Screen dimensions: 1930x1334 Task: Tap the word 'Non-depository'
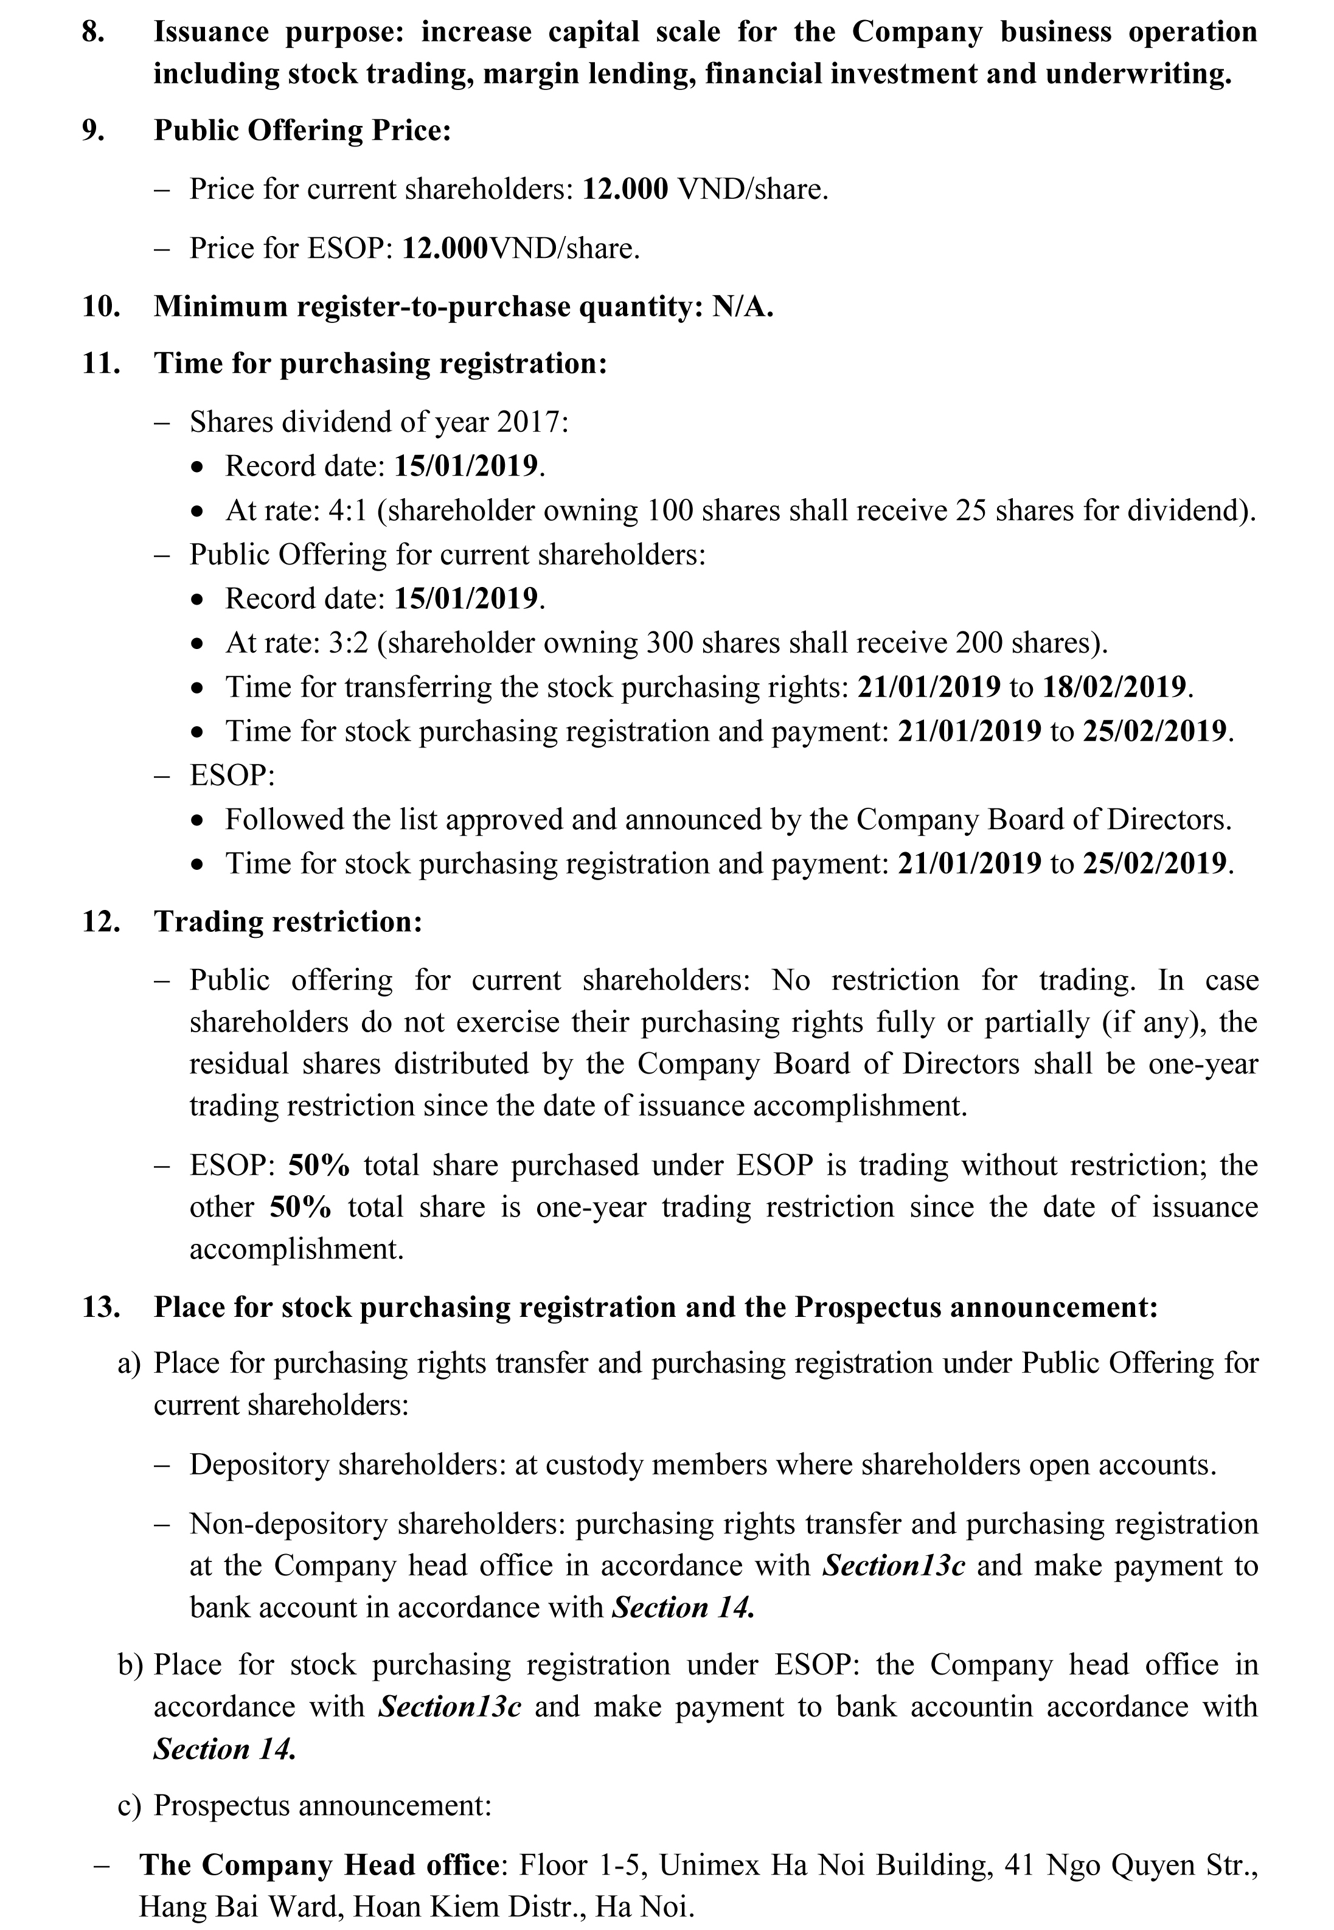[288, 1523]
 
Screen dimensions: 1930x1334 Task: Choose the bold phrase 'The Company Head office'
[319, 1864]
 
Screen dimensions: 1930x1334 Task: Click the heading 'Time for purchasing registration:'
[380, 364]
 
